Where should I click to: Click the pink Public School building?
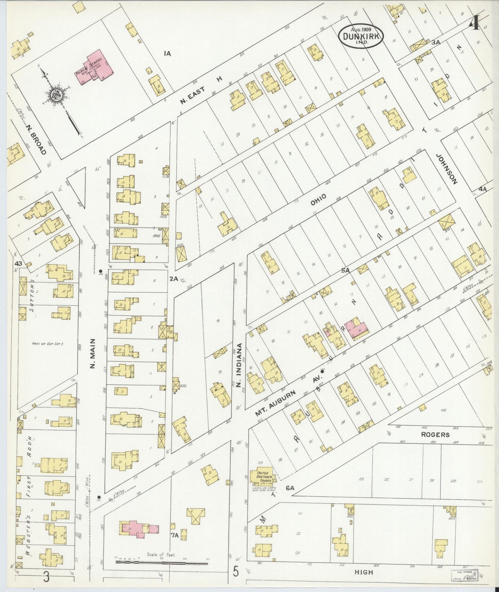tap(95, 68)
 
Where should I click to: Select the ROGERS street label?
tap(435, 435)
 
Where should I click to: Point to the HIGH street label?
tap(364, 572)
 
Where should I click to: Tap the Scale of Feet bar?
tap(162, 562)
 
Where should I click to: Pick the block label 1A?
tap(167, 53)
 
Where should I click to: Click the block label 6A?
tap(290, 488)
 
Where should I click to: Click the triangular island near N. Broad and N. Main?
tap(77, 185)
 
